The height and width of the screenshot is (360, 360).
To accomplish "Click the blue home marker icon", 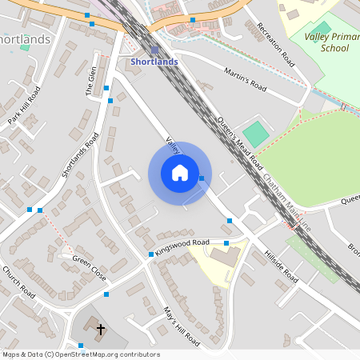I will (180, 173).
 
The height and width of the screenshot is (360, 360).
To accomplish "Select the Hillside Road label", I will (280, 267).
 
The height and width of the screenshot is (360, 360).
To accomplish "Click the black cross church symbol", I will (101, 329).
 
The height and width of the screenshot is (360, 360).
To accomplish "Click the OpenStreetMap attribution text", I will (80, 354).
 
